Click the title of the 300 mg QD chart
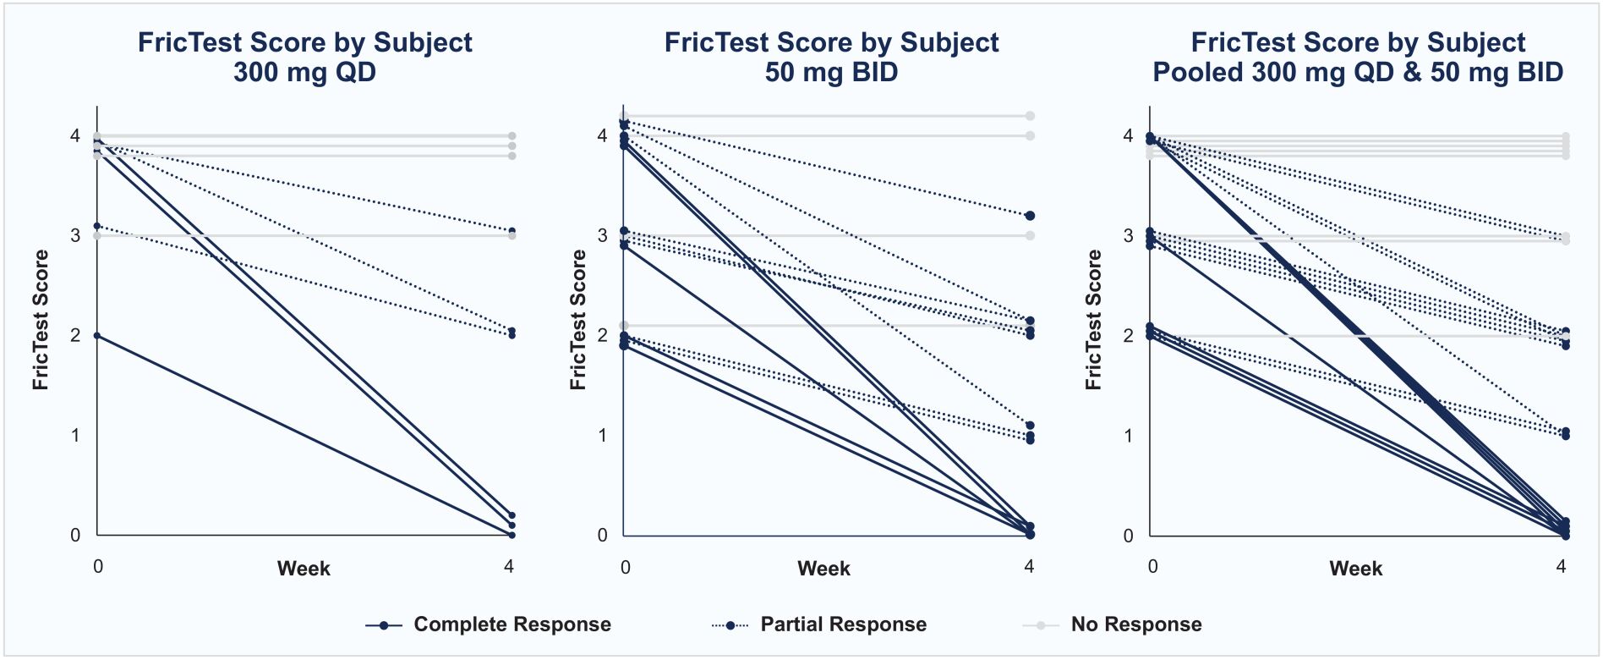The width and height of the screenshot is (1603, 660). click(x=304, y=57)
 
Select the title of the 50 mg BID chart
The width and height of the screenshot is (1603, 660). click(x=831, y=57)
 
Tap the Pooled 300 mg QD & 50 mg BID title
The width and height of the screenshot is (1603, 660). click(x=1358, y=57)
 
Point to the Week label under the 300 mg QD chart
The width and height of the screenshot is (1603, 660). click(x=304, y=569)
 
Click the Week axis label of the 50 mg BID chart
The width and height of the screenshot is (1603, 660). click(x=823, y=569)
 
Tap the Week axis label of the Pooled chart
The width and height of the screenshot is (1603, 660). click(x=1355, y=569)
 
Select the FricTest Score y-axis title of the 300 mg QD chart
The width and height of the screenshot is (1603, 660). click(x=41, y=320)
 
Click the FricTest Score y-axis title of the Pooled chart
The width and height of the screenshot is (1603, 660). click(x=1093, y=320)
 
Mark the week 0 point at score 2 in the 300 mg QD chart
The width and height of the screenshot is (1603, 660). click(x=97, y=336)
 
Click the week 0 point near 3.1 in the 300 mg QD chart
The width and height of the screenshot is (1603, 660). click(x=97, y=226)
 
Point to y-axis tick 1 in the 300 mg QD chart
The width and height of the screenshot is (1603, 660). click(x=75, y=436)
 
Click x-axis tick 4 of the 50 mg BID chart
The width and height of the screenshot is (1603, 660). click(x=1029, y=566)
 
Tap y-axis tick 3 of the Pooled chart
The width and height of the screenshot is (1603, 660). click(x=1128, y=236)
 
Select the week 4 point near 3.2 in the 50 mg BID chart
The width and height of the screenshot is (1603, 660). click(x=1030, y=216)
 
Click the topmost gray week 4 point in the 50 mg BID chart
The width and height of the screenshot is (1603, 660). click(x=1030, y=116)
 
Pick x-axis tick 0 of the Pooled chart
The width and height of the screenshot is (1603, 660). click(x=1152, y=566)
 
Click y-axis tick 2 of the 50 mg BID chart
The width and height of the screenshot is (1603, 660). click(x=602, y=336)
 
